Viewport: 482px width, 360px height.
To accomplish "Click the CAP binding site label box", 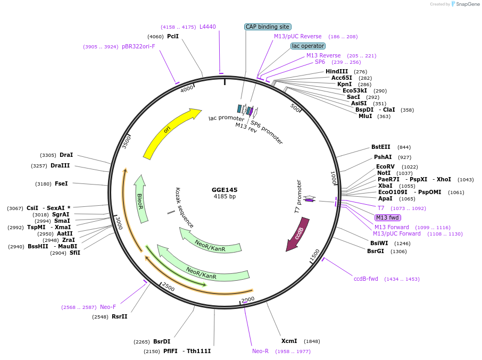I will pyautogui.click(x=268, y=27).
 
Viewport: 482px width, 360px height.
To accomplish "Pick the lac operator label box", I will pyautogui.click(x=308, y=46).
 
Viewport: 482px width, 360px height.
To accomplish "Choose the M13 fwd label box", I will pyautogui.click(x=388, y=217).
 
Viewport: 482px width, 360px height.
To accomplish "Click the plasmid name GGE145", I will pyautogui.click(x=225, y=190).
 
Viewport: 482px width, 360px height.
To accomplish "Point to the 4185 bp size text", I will pyautogui.click(x=225, y=197).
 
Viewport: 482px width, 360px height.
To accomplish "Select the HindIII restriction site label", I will pyautogui.click(x=337, y=71).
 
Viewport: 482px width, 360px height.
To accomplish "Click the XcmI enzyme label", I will pyautogui.click(x=289, y=341).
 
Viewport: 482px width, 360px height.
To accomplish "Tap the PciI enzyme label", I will pyautogui.click(x=173, y=36).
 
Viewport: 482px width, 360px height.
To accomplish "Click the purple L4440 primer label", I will pyautogui.click(x=207, y=27).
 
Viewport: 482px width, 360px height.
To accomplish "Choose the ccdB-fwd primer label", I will pyautogui.click(x=366, y=279).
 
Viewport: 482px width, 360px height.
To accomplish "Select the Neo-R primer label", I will pyautogui.click(x=260, y=351).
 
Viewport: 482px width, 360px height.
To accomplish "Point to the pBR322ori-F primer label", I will pyautogui.click(x=138, y=46).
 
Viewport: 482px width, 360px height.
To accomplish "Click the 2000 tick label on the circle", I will pyautogui.click(x=248, y=300).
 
